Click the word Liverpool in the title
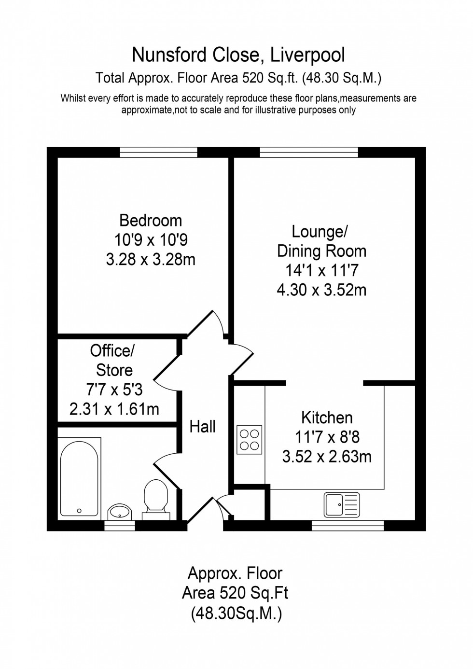307,55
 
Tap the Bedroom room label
151,221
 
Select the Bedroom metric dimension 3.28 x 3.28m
151,260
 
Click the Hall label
202,426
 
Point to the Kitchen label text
327,418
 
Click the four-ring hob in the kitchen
250,440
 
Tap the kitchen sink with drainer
342,504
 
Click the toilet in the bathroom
156,497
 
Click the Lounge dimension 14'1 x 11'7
321,270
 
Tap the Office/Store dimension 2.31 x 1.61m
114,409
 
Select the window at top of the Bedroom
159,153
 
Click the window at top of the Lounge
309,153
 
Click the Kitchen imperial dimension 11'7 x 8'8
327,437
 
